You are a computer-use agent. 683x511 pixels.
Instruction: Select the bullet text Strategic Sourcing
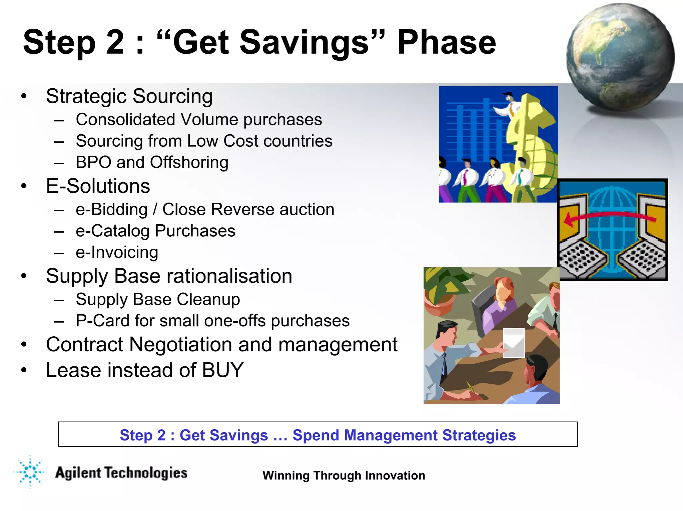(129, 96)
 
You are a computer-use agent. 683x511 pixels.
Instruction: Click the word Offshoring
(189, 162)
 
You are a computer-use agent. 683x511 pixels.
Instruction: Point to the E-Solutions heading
(98, 186)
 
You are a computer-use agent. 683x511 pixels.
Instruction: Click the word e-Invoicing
(117, 252)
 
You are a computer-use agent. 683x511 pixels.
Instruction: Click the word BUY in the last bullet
(223, 370)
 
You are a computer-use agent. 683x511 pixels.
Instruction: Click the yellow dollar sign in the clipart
(530, 143)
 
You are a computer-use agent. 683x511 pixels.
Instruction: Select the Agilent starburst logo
(30, 472)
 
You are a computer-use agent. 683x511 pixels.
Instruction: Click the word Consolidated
(125, 120)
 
